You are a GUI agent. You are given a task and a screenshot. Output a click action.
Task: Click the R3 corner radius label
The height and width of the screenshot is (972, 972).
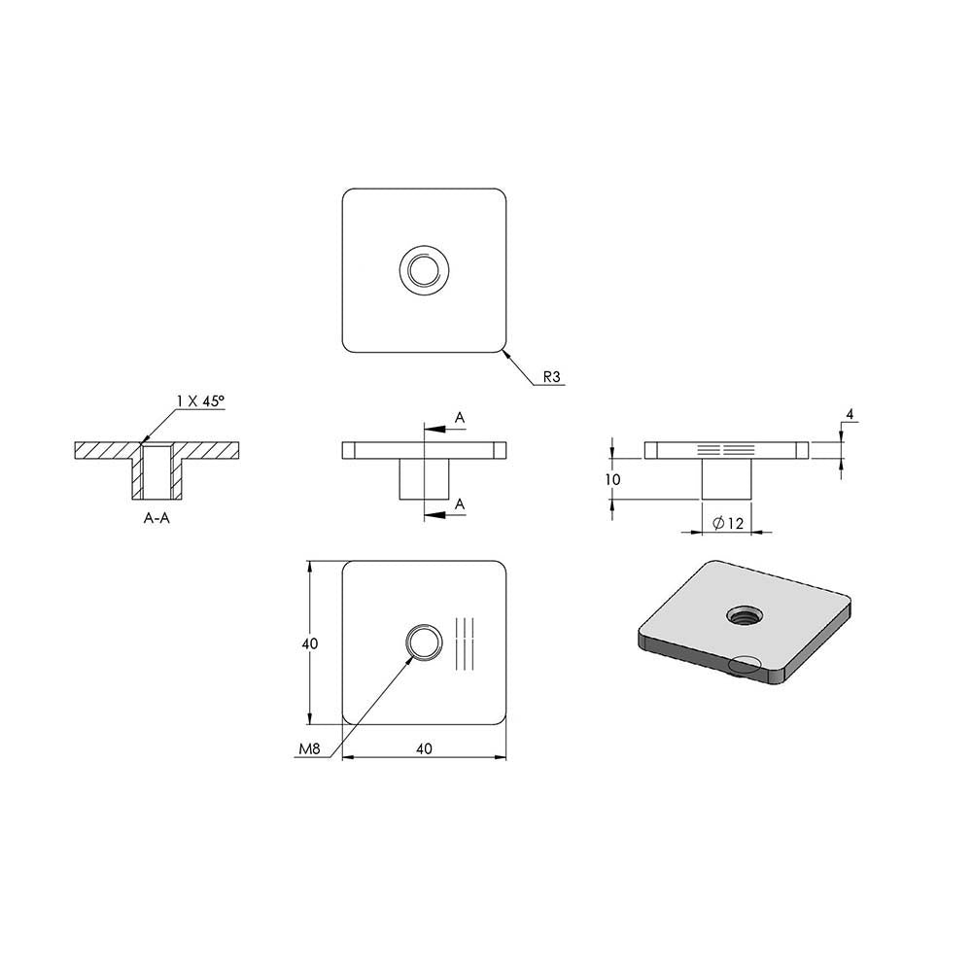pos(551,376)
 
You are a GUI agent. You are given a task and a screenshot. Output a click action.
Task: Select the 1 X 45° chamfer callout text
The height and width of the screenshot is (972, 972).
pos(199,401)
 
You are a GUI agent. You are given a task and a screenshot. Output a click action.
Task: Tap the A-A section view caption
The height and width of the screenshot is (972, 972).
pos(156,518)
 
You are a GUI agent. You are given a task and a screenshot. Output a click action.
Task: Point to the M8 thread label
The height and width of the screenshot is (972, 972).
pos(309,748)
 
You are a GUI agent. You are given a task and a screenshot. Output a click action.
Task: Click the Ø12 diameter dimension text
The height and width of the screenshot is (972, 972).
pos(728,523)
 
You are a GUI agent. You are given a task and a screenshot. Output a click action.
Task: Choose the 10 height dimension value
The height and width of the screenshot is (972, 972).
pos(612,479)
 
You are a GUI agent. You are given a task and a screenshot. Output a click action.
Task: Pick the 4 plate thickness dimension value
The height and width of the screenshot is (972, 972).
pos(850,413)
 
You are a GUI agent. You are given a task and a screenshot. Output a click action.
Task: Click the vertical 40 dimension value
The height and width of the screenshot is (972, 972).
pos(310,643)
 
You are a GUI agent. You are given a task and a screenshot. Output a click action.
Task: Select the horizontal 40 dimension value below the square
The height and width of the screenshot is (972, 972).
pos(424,748)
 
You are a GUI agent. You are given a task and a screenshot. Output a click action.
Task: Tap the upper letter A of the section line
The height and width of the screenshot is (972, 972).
pos(460,418)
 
